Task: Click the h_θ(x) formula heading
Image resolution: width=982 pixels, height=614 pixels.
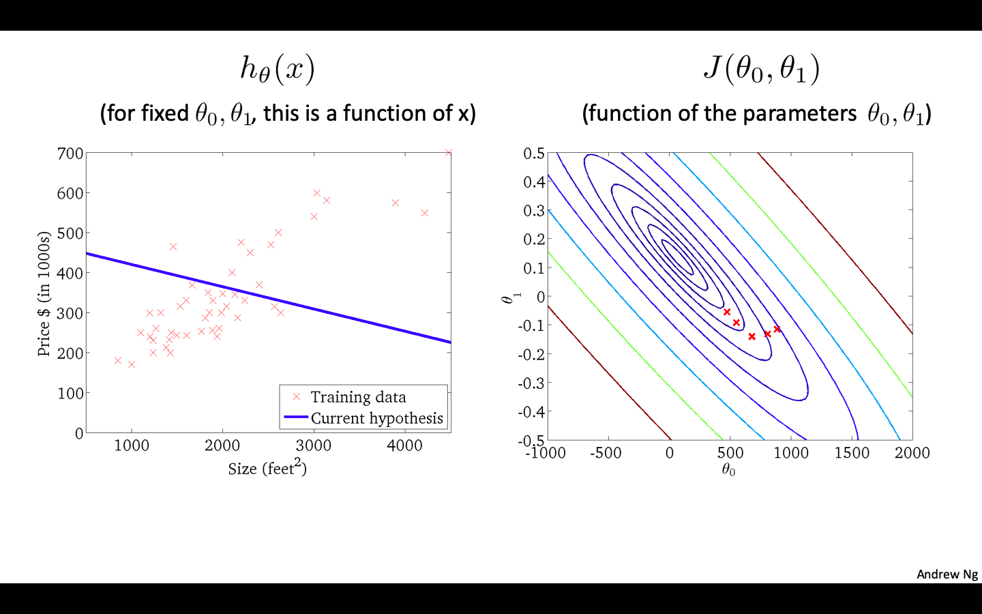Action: [277, 69]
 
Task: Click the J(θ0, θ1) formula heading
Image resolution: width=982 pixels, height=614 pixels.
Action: [761, 69]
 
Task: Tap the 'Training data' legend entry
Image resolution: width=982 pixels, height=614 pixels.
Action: [358, 397]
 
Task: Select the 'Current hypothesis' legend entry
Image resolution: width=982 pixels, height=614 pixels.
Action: [376, 418]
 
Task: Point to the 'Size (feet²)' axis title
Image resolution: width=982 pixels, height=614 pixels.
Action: [267, 468]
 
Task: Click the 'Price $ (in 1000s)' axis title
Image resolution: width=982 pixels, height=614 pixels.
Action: [44, 294]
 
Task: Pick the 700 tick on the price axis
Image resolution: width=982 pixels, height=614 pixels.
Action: [70, 153]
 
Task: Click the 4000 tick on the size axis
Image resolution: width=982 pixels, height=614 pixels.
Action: [404, 445]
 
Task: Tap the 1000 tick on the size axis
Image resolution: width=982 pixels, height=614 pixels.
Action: [132, 445]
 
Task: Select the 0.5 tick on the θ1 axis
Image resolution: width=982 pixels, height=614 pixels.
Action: [534, 153]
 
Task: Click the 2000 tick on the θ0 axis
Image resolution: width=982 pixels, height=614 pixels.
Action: [912, 453]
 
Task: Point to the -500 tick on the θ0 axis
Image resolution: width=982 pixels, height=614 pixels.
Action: [606, 453]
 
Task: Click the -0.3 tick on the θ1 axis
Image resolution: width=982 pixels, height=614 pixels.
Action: [531, 383]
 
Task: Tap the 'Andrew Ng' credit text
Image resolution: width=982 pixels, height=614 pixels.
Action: [947, 574]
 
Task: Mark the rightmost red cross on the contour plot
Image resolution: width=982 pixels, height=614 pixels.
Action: [777, 329]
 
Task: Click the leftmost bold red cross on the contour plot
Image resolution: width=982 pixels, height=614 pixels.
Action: [727, 312]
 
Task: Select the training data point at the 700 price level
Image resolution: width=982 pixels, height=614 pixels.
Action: [448, 153]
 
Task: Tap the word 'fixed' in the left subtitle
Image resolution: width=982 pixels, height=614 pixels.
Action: [166, 113]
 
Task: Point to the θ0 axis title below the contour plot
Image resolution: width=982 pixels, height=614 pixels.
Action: [728, 470]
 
